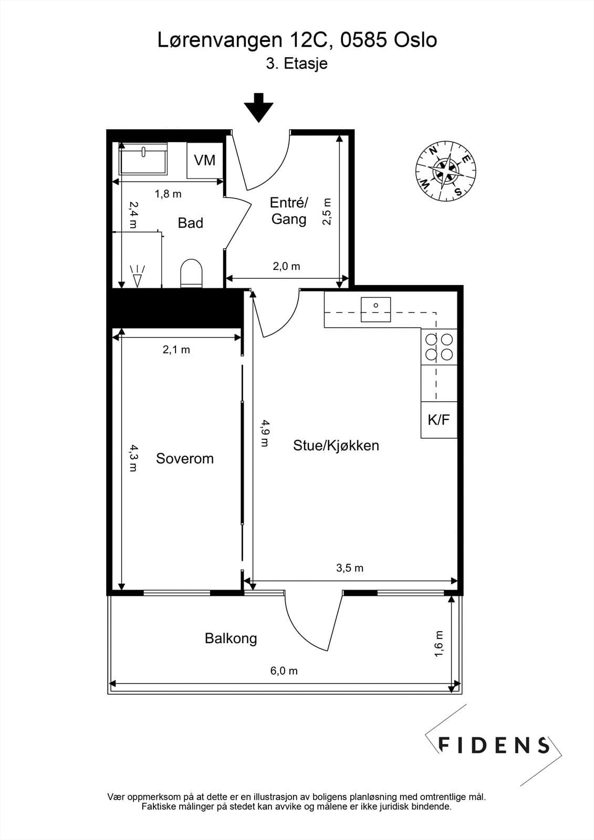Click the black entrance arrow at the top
(258, 107)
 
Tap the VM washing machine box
(205, 160)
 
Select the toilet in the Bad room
(191, 273)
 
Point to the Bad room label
(190, 223)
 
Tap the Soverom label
(185, 458)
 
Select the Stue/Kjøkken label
(336, 446)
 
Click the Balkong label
(231, 638)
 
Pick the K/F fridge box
(439, 419)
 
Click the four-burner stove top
(439, 346)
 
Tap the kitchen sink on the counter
(376, 309)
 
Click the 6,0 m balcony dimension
(284, 670)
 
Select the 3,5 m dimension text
(350, 568)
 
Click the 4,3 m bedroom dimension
(133, 458)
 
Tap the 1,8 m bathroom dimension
(168, 194)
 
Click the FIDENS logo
(494, 745)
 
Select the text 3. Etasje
(297, 64)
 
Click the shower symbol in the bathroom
(137, 276)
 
